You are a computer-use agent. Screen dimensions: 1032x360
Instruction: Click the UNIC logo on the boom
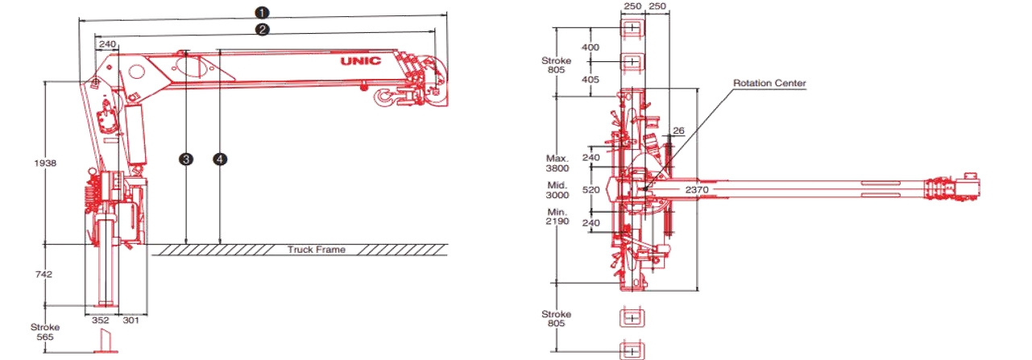click(361, 60)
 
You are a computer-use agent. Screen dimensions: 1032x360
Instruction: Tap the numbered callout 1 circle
click(262, 12)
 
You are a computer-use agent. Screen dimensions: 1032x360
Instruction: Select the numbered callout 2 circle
click(262, 30)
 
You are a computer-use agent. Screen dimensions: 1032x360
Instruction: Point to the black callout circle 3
click(185, 159)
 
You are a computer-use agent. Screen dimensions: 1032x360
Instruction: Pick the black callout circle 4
click(220, 159)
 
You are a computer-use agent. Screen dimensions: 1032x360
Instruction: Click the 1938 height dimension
click(45, 163)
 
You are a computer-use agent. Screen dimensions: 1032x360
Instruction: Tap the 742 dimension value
click(44, 275)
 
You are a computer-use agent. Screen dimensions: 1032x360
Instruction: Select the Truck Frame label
click(317, 250)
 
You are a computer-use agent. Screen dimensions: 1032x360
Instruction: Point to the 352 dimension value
click(101, 321)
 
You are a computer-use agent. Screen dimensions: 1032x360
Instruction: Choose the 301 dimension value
click(131, 321)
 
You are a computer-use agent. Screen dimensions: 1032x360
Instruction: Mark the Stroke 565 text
click(45, 332)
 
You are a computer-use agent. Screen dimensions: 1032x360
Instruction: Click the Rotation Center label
click(769, 83)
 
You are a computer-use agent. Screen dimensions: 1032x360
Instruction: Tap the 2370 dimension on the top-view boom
click(697, 190)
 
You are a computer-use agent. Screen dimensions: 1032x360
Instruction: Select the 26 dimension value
click(678, 130)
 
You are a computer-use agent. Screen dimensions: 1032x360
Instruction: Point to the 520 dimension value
click(591, 190)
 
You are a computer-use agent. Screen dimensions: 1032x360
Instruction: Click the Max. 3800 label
click(557, 163)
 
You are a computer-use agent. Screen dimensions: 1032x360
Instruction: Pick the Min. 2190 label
click(557, 217)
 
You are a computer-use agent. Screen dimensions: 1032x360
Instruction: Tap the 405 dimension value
click(591, 80)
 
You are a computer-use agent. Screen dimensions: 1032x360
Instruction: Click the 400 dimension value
click(591, 48)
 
